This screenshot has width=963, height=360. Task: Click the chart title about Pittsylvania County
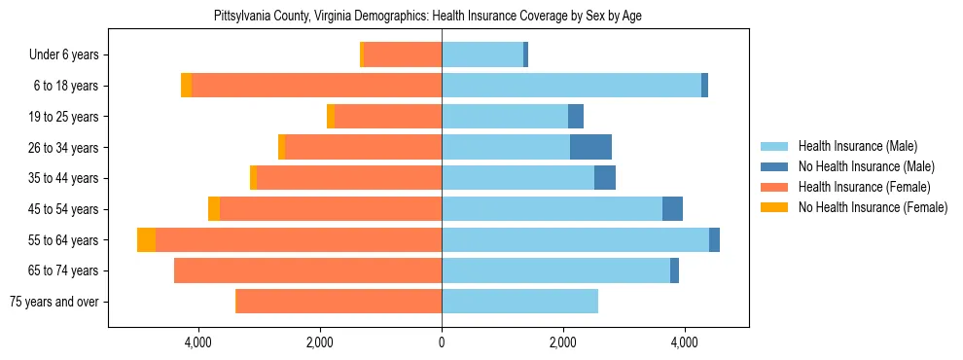428,17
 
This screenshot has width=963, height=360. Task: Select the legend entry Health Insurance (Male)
857,146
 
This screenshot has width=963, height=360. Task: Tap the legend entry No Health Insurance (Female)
873,207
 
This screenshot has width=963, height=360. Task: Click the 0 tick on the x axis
442,342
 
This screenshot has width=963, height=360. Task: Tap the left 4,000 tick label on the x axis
198,342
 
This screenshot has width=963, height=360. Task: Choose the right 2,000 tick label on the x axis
563,342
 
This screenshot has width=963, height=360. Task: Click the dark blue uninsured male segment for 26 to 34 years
590,147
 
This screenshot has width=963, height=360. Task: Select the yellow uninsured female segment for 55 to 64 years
146,239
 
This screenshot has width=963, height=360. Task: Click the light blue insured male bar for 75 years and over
519,302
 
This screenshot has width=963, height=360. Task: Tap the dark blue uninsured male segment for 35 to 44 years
604,178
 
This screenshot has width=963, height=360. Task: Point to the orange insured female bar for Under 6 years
403,54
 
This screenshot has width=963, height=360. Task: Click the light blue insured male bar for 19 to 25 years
505,117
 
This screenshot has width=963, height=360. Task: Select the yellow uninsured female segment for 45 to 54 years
214,209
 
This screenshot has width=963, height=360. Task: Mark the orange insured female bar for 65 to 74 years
307,270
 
